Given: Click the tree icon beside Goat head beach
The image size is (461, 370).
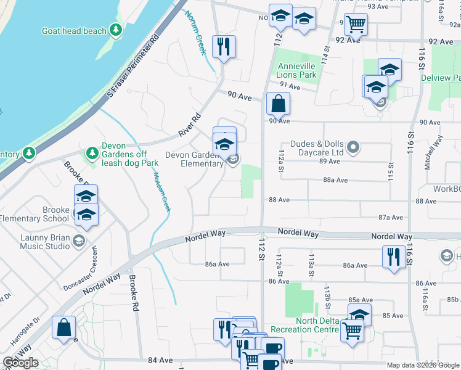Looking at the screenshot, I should click(x=115, y=30).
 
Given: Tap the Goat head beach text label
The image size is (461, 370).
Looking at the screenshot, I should click(x=74, y=31).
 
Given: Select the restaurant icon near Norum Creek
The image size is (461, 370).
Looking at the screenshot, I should click(x=223, y=46).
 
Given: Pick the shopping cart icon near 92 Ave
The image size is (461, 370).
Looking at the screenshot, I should click(x=356, y=25).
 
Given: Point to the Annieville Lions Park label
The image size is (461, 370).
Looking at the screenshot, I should click(x=297, y=70).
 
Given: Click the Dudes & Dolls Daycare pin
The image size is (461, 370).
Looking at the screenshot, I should click(x=353, y=147).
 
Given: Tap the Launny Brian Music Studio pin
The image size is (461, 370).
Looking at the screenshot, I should click(x=78, y=240).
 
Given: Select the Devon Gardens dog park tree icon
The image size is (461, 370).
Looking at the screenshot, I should click(x=92, y=152).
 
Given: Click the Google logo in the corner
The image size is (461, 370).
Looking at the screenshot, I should click(x=20, y=363).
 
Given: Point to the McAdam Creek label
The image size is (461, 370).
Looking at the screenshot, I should click(x=161, y=191).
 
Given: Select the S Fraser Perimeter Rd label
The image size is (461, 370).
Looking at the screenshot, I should click(x=133, y=67).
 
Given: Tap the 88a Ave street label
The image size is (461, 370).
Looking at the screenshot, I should click(x=335, y=180).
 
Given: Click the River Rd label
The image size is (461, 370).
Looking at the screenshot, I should click(x=190, y=125).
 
